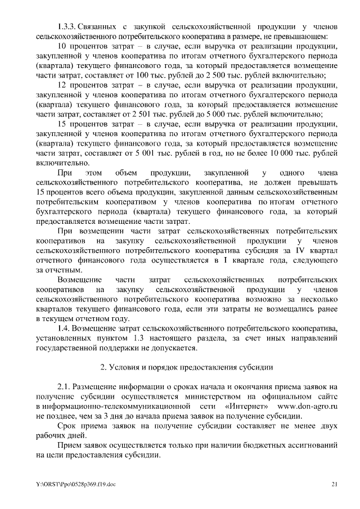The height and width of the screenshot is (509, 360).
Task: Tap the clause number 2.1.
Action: point(65,388)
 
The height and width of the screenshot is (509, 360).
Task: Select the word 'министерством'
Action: point(219,397)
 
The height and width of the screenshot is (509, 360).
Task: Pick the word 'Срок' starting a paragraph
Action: point(67,427)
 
